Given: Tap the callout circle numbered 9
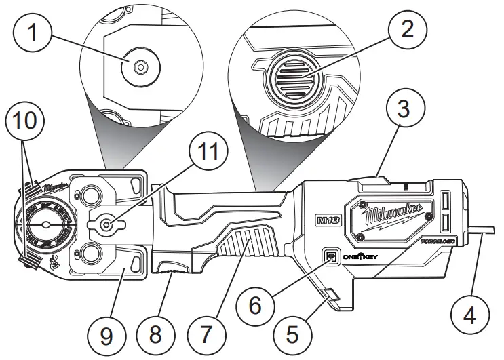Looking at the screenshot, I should click(106, 333).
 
